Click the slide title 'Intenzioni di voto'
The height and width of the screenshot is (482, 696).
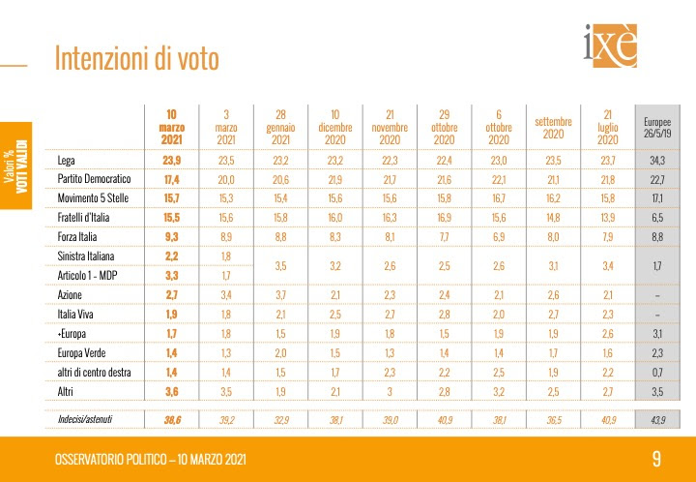point(137,59)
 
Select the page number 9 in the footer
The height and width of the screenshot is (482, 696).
point(656,458)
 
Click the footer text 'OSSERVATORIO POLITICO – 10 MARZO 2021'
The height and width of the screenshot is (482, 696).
point(158,458)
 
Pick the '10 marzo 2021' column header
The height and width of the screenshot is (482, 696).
point(171,127)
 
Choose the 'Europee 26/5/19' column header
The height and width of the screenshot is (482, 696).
point(656,127)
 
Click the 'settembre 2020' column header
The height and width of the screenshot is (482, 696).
point(553,127)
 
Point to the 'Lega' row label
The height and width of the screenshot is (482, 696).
point(67,160)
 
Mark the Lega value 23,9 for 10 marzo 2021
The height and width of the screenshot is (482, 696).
point(171,160)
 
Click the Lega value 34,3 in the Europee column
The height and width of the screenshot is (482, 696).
point(656,160)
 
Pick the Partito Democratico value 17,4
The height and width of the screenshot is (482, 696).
point(171,179)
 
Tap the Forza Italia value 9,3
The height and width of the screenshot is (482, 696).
point(171,236)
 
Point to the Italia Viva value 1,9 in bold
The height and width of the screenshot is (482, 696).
point(171,314)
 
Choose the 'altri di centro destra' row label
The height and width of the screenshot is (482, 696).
point(98,372)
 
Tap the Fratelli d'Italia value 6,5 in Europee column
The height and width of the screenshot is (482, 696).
point(656,217)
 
